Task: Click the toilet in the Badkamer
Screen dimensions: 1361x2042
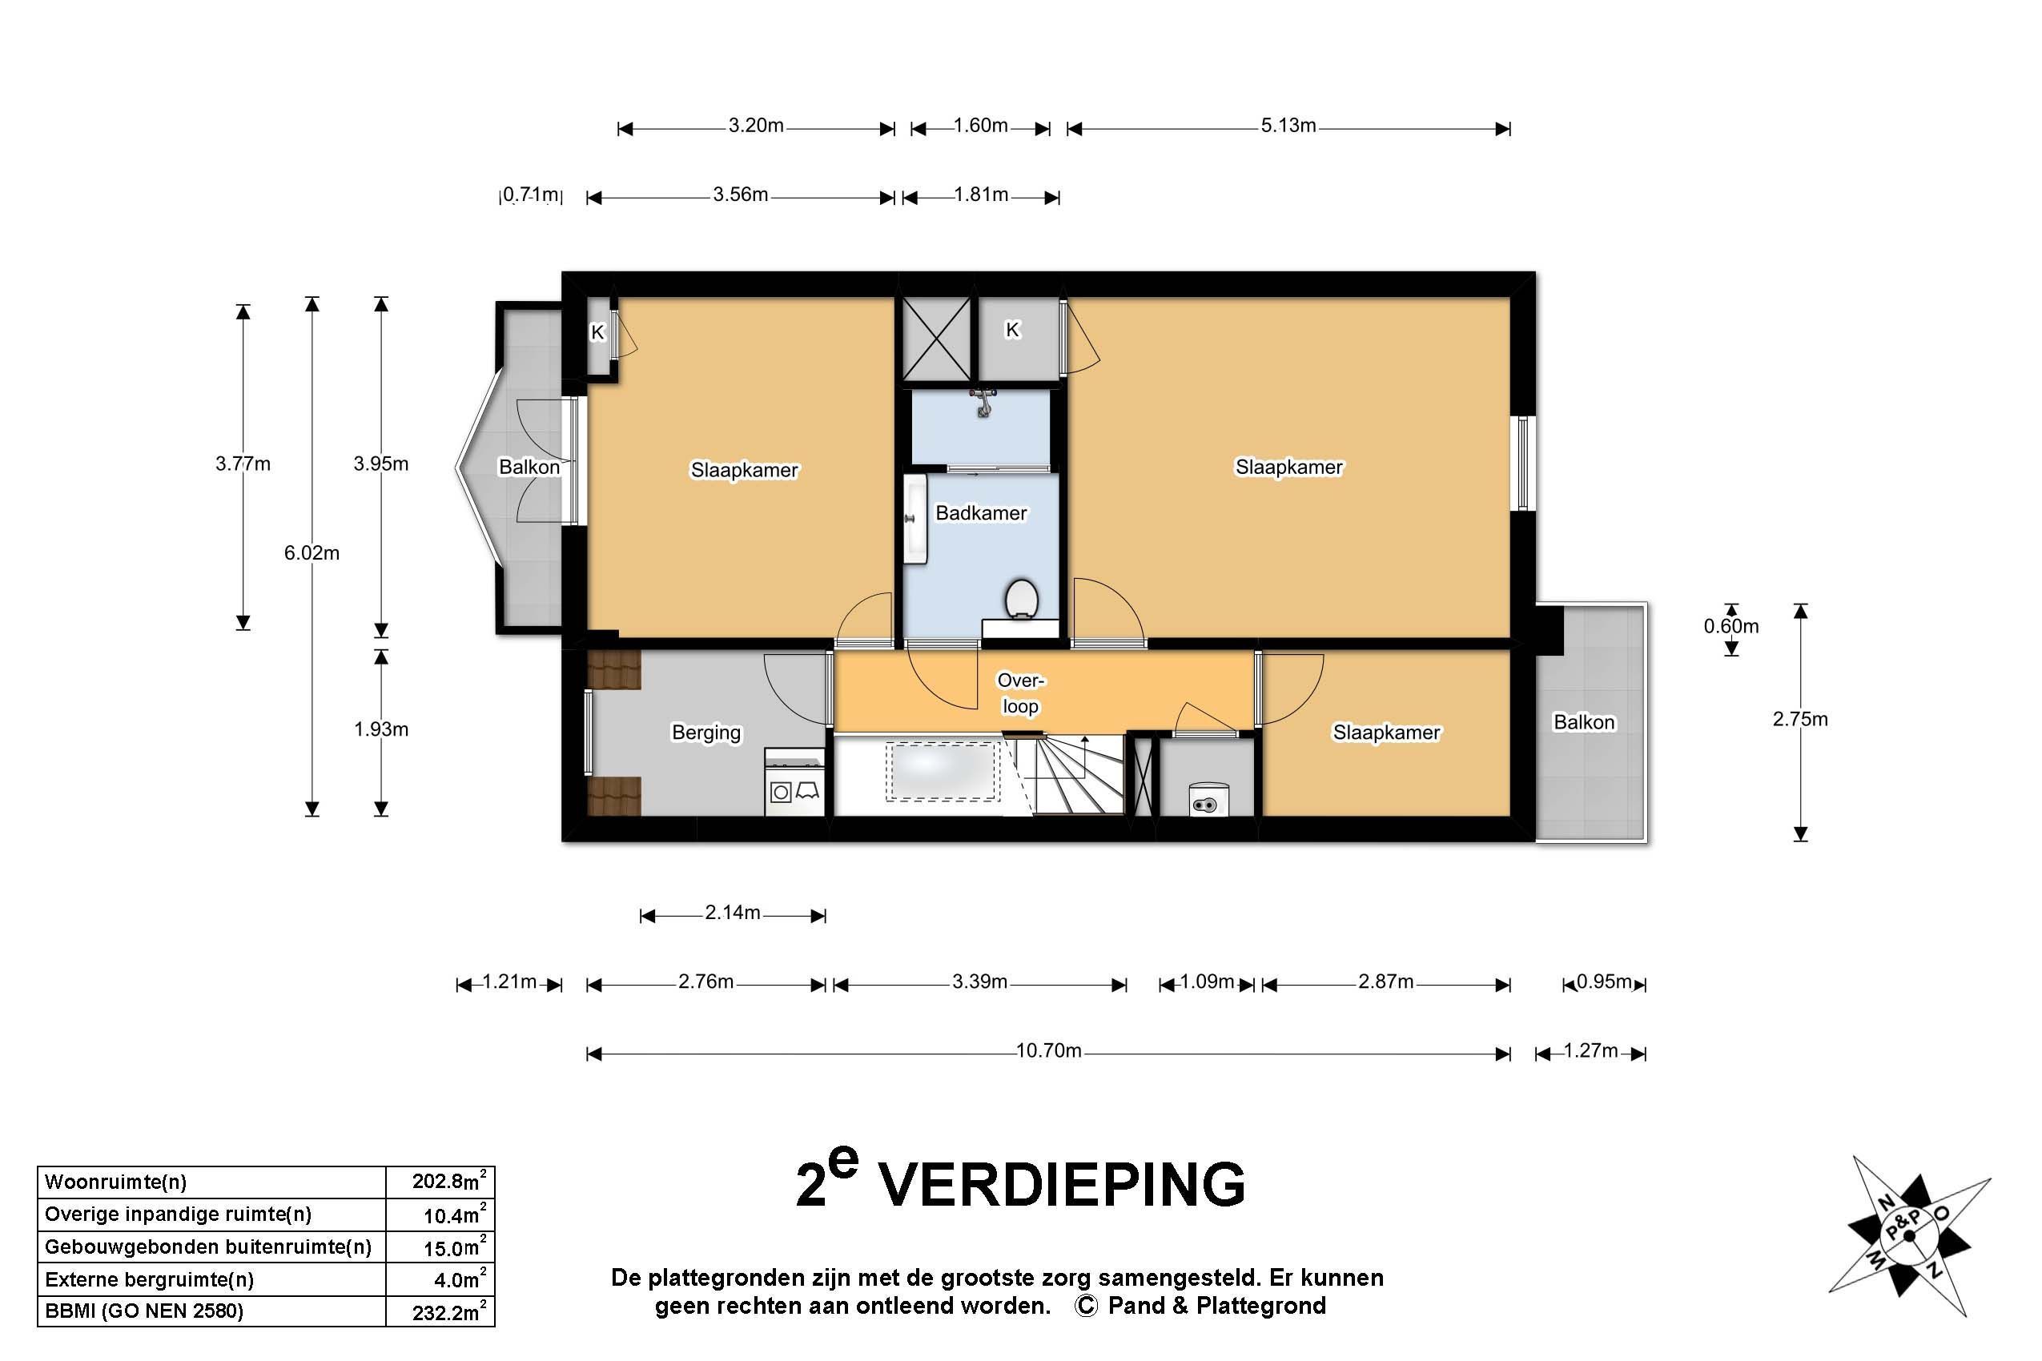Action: (1022, 599)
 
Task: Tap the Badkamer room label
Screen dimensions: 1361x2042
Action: (980, 513)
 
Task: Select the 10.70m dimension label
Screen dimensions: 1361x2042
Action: (1048, 1051)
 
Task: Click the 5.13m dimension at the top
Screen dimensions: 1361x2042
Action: (1288, 126)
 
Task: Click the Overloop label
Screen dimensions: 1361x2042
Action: (1020, 693)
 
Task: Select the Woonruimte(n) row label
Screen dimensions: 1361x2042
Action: (115, 1182)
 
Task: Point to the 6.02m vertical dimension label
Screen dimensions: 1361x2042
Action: (312, 553)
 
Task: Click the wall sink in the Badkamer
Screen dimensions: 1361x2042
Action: (914, 518)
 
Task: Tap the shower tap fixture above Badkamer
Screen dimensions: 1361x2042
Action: (983, 401)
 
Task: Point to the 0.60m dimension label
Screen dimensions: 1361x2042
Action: (1730, 627)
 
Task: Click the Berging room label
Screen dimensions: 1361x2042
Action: (705, 733)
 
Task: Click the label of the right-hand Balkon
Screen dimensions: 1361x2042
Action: (1584, 722)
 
